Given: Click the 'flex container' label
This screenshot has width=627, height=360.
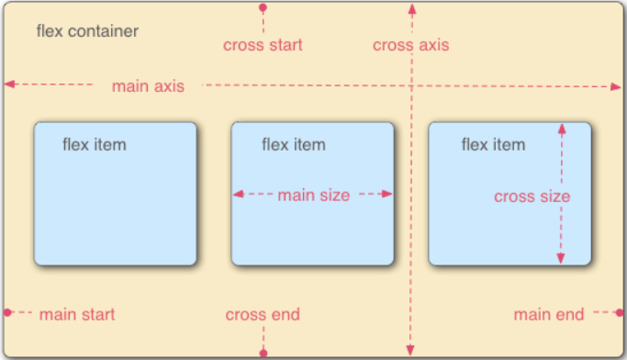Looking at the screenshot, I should click(x=87, y=31).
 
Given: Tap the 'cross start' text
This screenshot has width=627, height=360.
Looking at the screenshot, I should click(x=263, y=44).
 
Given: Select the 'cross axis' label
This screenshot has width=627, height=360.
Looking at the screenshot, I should click(x=410, y=45).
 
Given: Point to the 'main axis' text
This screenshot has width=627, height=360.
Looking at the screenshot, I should click(x=148, y=86).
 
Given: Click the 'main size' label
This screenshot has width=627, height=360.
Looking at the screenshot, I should click(x=313, y=195).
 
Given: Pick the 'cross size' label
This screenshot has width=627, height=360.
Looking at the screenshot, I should click(x=532, y=197).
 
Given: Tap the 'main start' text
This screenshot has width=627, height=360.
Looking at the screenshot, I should click(x=77, y=314).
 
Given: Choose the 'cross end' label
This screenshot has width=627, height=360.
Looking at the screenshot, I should click(x=263, y=315).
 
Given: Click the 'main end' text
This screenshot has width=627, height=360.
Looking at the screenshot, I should click(x=548, y=315).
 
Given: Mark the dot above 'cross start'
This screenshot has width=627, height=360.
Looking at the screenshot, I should click(x=263, y=7).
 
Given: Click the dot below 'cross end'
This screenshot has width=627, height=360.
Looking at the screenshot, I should click(x=263, y=352).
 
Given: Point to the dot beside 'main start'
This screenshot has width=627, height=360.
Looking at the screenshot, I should click(x=7, y=313).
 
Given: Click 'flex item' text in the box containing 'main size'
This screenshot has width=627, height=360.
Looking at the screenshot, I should click(x=294, y=144).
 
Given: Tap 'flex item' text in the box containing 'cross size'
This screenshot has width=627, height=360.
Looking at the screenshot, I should click(x=493, y=144).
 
